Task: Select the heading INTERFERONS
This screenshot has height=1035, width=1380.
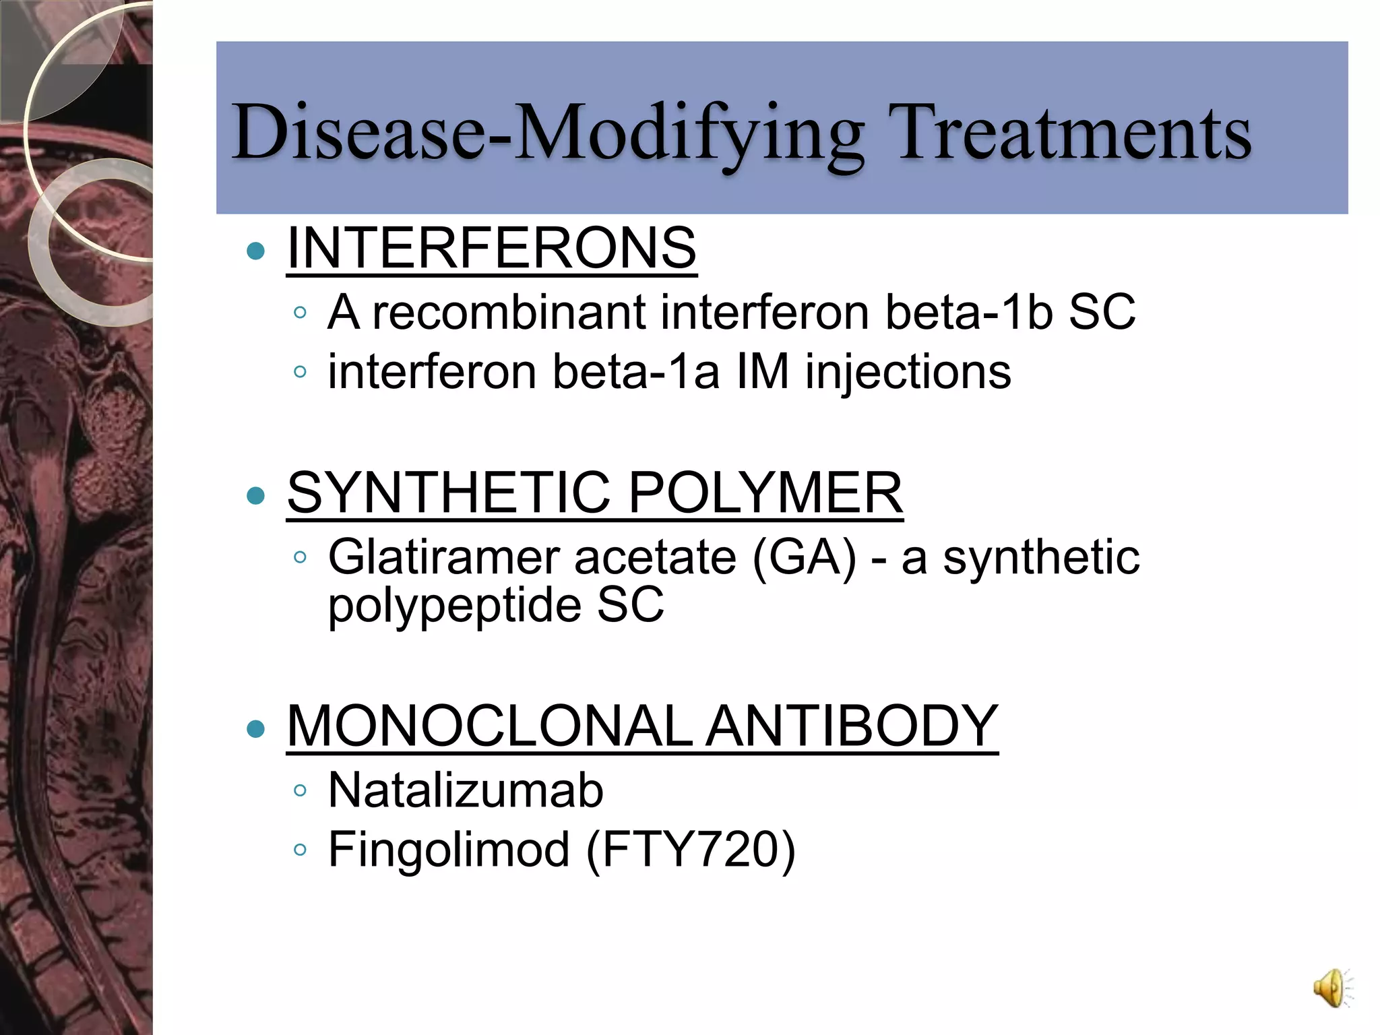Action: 491,248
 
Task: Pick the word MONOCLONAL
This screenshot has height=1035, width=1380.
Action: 490,726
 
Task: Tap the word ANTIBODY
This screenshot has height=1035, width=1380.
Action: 852,726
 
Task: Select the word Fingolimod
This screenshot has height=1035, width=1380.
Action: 449,849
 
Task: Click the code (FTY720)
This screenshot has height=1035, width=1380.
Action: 691,849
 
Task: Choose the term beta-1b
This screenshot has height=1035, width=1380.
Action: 969,312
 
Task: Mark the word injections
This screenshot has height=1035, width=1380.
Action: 908,371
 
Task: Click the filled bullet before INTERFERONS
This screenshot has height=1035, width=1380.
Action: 256,251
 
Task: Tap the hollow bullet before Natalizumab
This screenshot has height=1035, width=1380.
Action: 301,790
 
